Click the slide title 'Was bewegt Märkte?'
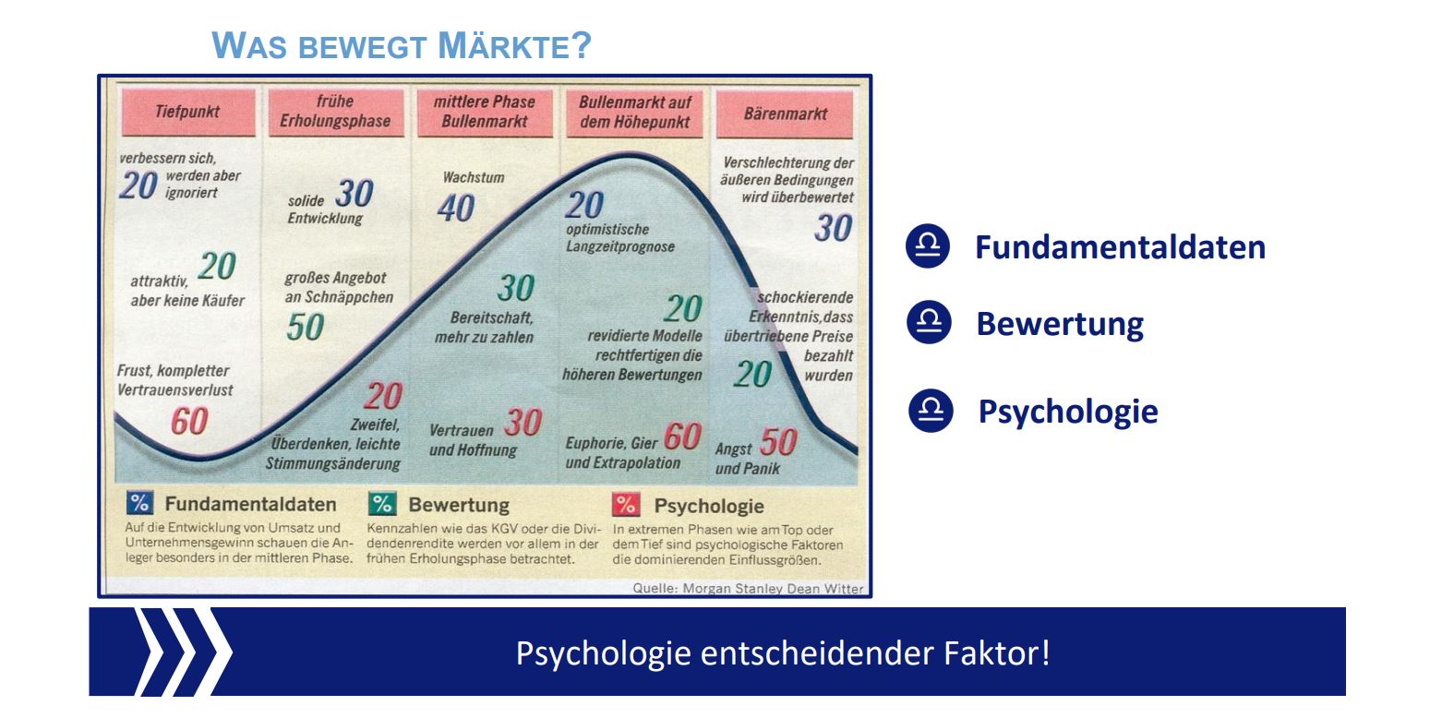click(x=401, y=45)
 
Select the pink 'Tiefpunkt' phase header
click(x=188, y=112)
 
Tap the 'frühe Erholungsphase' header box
click(x=335, y=112)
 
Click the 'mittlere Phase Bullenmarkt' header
click(x=484, y=113)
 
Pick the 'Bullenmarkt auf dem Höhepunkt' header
click(x=635, y=113)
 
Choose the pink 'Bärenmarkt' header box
click(x=785, y=114)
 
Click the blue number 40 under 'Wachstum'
click(x=456, y=209)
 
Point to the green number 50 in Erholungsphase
click(x=306, y=327)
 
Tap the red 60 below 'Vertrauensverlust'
click(x=189, y=422)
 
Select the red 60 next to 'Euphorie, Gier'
click(x=682, y=437)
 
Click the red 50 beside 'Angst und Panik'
click(x=779, y=442)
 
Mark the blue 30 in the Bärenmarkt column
click(x=834, y=228)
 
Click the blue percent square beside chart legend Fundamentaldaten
click(x=139, y=503)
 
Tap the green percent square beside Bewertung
click(x=382, y=504)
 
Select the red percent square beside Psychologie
click(x=626, y=505)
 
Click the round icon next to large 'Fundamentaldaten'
click(x=928, y=245)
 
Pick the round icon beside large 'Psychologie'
click(x=931, y=411)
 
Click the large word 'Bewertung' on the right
click(x=1060, y=324)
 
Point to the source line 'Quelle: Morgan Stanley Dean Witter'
click(x=748, y=588)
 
